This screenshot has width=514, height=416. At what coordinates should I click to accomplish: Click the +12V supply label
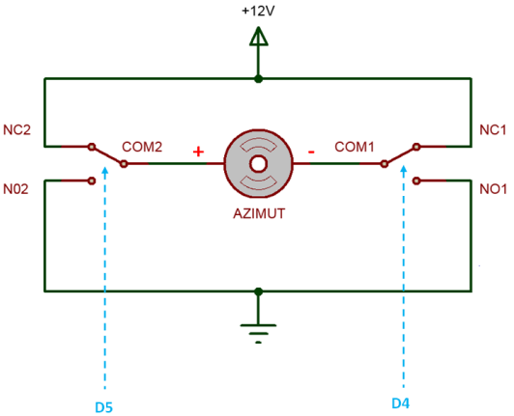pyautogui.click(x=258, y=12)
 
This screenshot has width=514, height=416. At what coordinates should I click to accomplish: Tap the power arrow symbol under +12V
pyautogui.click(x=259, y=36)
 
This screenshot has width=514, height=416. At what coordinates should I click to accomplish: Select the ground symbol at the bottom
pyautogui.click(x=258, y=334)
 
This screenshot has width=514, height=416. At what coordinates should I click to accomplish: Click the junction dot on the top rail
pyautogui.click(x=259, y=79)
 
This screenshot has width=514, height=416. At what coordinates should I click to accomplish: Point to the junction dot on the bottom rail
pyautogui.click(x=259, y=291)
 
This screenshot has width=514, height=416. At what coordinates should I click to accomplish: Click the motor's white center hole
pyautogui.click(x=258, y=164)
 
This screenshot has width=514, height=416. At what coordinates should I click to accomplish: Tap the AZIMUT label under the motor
pyautogui.click(x=259, y=213)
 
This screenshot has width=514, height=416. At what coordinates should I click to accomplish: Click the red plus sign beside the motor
pyautogui.click(x=198, y=152)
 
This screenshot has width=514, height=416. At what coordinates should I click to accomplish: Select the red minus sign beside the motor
pyautogui.click(x=311, y=152)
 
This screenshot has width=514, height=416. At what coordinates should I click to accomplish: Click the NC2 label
pyautogui.click(x=16, y=130)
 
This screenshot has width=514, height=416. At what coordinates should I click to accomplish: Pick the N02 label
pyautogui.click(x=15, y=189)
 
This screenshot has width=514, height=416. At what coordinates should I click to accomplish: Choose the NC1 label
pyautogui.click(x=493, y=130)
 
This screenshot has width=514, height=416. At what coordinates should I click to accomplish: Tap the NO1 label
pyautogui.click(x=493, y=189)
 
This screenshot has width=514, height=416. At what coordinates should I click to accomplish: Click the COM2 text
pyautogui.click(x=142, y=147)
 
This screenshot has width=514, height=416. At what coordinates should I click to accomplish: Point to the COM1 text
pyautogui.click(x=355, y=147)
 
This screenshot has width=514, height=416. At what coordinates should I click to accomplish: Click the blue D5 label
pyautogui.click(x=103, y=407)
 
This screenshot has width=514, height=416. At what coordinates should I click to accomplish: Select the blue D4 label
pyautogui.click(x=401, y=403)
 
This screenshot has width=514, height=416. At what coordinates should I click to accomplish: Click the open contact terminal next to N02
pyautogui.click(x=92, y=180)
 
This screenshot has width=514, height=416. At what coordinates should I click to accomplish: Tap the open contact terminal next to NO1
pyautogui.click(x=416, y=180)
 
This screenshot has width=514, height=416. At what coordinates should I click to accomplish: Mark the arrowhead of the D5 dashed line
pyautogui.click(x=105, y=171)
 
